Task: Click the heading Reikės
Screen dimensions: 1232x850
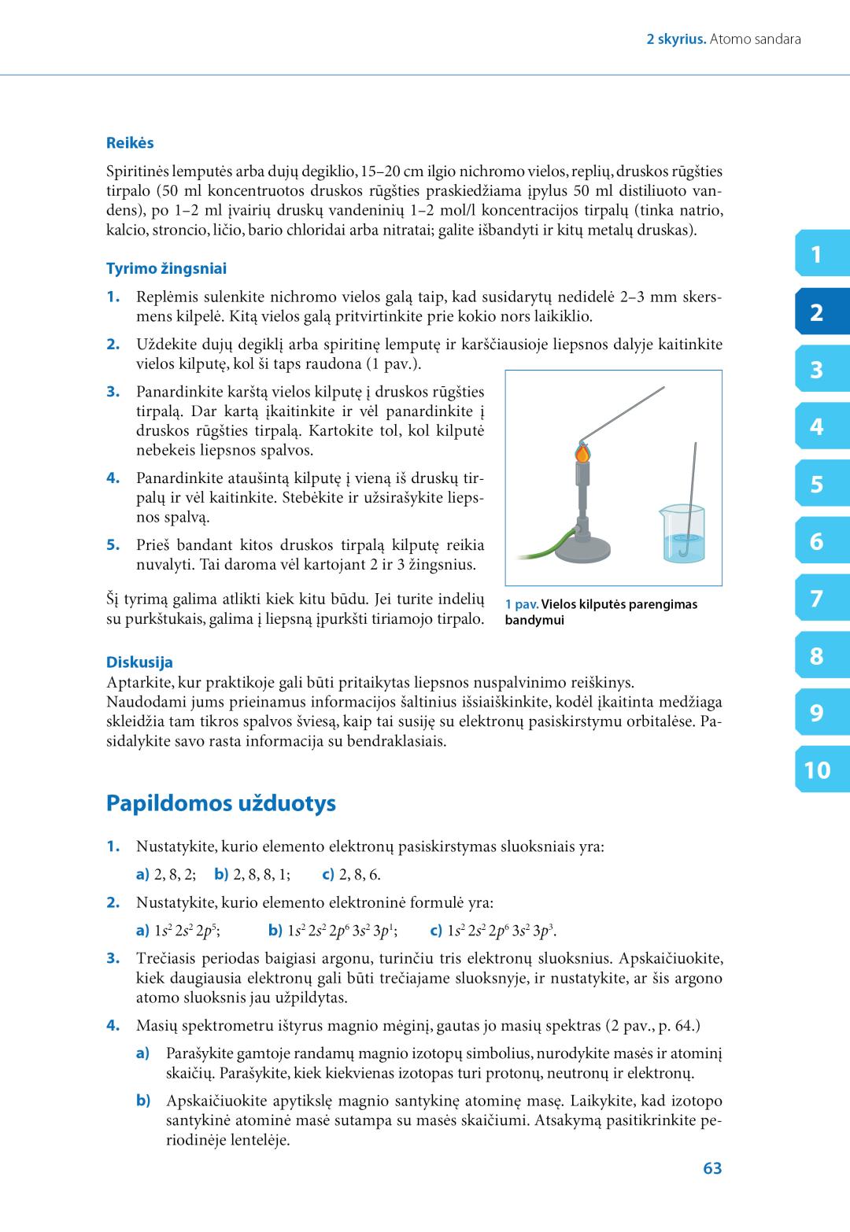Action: coord(130,143)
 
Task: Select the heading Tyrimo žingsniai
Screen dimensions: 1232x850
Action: coord(166,269)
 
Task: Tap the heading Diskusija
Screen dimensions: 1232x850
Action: coord(139,662)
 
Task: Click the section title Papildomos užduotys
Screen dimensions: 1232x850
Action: coord(220,803)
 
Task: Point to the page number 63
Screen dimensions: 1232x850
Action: coord(712,1169)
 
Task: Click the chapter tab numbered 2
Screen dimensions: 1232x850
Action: coord(818,313)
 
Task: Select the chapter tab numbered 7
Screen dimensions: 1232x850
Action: coord(818,599)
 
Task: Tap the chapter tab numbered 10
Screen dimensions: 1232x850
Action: coord(818,770)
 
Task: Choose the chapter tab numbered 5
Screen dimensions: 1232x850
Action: coord(818,485)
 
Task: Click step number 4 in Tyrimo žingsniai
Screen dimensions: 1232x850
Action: coord(113,478)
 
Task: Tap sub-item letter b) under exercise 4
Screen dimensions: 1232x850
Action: coord(142,1101)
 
